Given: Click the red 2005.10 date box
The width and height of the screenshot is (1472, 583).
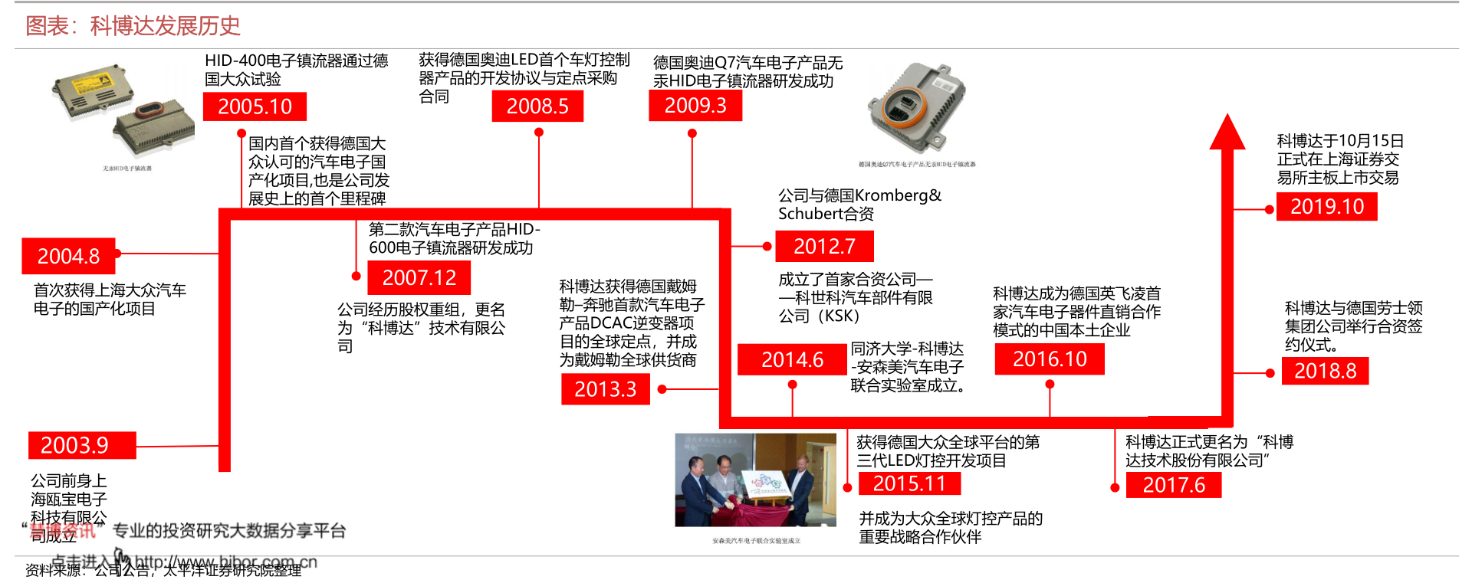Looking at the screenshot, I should [255, 106].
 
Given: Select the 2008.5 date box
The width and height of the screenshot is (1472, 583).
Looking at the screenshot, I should [537, 106].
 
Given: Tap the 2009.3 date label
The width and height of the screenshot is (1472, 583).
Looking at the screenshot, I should [695, 106].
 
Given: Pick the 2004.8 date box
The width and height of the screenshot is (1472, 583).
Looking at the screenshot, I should [68, 256].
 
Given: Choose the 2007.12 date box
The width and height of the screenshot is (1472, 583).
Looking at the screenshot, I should [419, 277].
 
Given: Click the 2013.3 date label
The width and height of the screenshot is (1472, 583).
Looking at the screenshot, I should [605, 389].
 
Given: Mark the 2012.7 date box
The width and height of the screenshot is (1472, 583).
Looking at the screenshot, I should [824, 247].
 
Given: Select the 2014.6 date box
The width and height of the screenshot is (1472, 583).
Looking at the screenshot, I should [792, 359].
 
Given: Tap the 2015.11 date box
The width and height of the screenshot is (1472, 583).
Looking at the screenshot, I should [909, 483].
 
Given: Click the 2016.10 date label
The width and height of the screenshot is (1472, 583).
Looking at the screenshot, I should [1050, 359].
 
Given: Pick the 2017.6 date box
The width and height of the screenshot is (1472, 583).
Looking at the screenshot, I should [1173, 485].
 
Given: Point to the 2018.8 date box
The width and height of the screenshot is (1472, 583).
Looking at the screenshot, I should [1325, 371].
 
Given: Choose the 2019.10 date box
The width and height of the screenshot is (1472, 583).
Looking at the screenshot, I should [1326, 207].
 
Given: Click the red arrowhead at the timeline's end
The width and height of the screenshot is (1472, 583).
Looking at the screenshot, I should [1227, 133].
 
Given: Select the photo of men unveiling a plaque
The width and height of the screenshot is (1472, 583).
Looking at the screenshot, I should [754, 480].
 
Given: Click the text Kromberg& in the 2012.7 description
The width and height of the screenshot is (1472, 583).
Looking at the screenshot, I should [898, 195].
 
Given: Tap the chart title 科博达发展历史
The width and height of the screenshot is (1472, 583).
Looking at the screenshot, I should [165, 26].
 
